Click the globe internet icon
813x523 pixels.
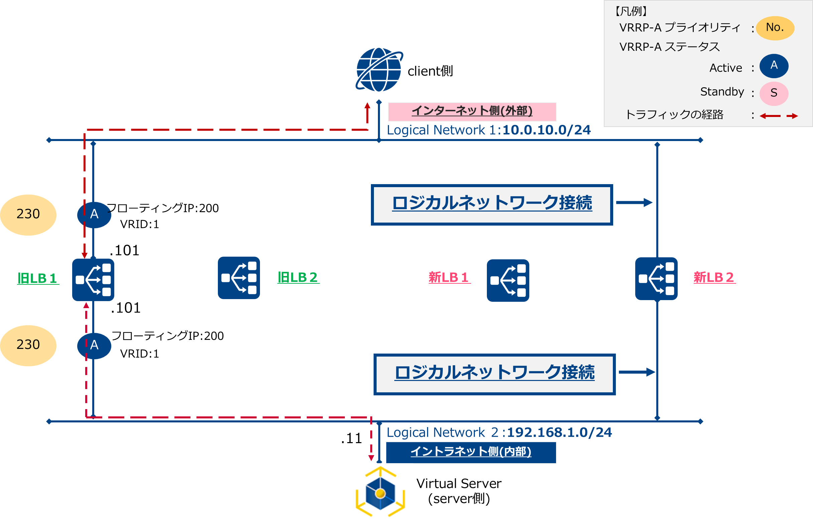pos(379,70)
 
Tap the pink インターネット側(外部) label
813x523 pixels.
pos(472,111)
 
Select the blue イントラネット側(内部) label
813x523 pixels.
pos(471,452)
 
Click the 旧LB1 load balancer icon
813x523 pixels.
pos(93,279)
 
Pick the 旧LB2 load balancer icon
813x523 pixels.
pos(239,278)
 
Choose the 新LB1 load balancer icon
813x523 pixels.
pos(508,280)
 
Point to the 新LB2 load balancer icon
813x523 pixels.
pos(656,279)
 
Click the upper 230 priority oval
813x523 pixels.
pos(28,215)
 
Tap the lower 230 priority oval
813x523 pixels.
pos(28,346)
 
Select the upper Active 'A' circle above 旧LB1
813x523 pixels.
pos(95,215)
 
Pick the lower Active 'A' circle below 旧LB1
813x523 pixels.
pos(95,346)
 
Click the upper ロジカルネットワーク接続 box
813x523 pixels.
pos(492,205)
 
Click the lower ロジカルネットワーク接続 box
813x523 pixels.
pos(495,374)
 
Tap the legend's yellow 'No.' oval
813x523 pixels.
pos(775,28)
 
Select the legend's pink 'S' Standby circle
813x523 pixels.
pos(774,93)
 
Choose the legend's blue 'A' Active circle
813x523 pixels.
pos(774,66)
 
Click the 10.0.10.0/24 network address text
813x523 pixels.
pos(546,130)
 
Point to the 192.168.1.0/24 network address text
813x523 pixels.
pos(559,432)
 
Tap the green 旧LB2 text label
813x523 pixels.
pos(298,277)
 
